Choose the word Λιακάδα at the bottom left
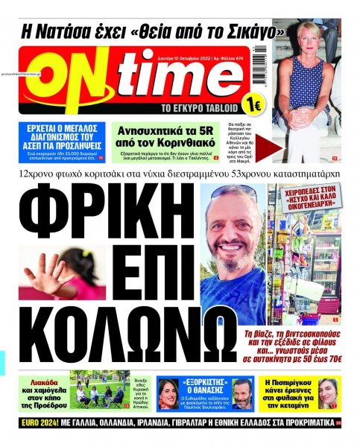45,381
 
